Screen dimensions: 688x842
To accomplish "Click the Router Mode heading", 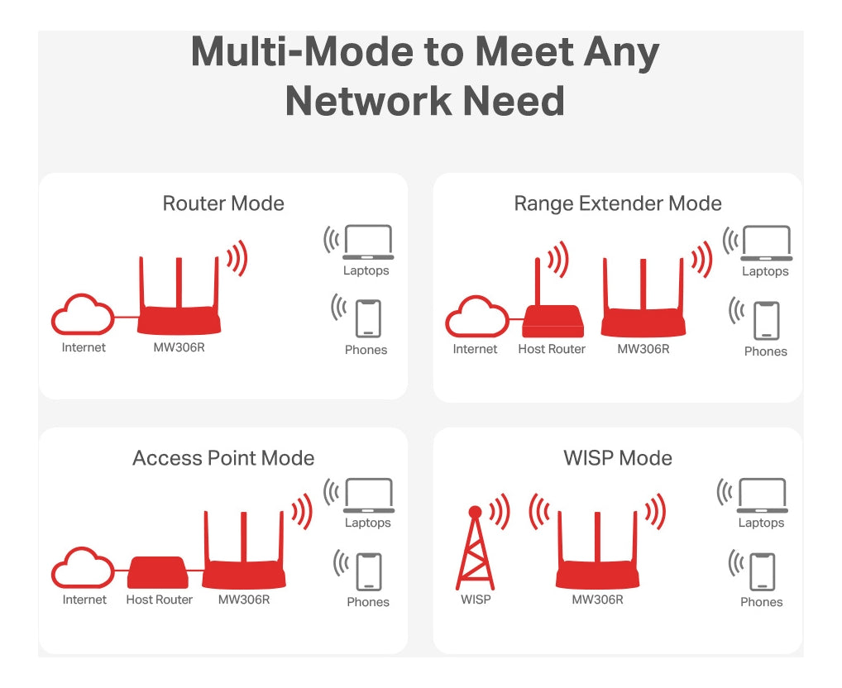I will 223,203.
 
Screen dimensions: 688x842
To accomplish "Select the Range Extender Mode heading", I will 617,203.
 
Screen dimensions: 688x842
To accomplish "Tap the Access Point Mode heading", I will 223,458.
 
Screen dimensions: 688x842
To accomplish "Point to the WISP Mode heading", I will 617,458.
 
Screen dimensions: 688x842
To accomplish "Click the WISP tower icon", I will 476,550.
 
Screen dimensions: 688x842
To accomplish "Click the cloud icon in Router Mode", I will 83,315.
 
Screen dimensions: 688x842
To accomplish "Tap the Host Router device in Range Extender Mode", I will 553,319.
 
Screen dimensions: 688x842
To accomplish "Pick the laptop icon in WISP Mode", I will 762,495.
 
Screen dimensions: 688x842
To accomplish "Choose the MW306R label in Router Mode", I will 179,347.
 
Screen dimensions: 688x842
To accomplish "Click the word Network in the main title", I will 367,101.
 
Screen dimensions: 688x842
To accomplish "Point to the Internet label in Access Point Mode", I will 84,600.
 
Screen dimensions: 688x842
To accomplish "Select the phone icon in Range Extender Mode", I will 765,321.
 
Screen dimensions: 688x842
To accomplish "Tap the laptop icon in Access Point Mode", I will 368,495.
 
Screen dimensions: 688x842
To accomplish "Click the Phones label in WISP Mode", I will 761,602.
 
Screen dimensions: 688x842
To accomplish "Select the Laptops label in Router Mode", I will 366,270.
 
